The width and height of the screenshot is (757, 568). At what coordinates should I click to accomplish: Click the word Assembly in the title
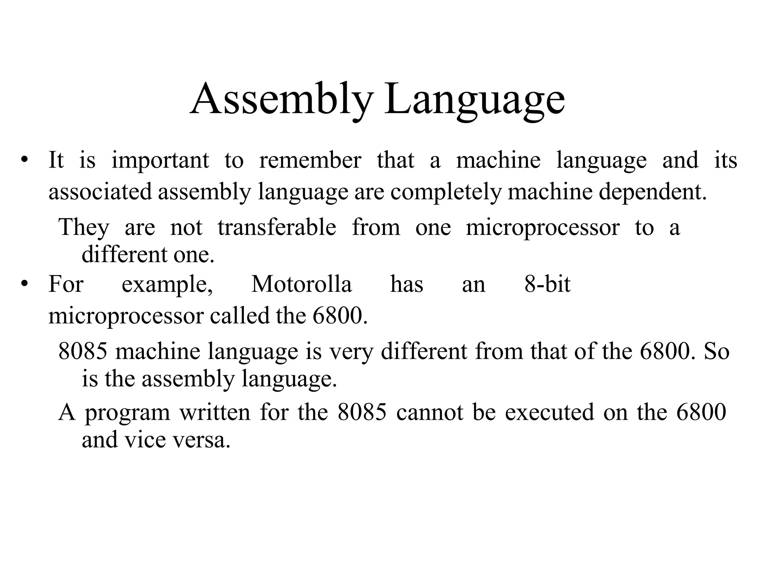[281, 99]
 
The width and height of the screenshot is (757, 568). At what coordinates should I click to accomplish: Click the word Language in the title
[475, 99]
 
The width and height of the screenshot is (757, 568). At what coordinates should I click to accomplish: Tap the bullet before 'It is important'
[24, 160]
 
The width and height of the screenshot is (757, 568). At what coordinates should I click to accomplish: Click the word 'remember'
[310, 160]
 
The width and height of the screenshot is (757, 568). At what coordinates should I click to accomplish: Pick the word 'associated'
[100, 192]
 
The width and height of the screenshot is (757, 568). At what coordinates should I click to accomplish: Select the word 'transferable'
[277, 227]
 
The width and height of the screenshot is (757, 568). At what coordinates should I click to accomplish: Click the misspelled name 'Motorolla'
[302, 284]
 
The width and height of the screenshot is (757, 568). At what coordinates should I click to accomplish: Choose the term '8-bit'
[547, 284]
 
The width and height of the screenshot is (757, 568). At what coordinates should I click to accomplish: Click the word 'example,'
[167, 285]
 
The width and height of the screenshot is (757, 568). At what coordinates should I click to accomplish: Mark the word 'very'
[352, 352]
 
